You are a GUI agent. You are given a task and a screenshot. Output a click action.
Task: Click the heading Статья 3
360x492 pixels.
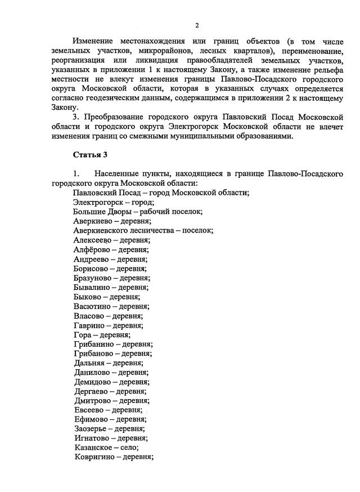pos(89,154)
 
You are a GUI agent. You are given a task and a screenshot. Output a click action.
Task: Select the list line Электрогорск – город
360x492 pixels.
pos(114,202)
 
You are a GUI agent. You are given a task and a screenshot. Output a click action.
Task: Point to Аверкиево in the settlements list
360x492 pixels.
pos(92,221)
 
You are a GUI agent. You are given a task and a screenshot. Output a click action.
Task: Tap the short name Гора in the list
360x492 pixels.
pos(83,334)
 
